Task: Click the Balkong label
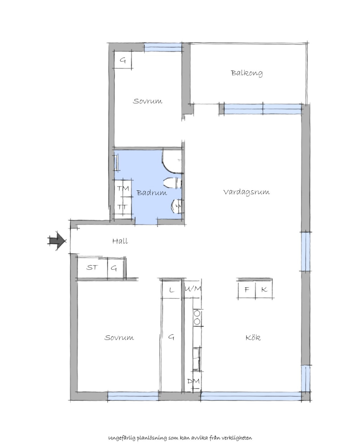(x=247, y=73)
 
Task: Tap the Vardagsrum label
(x=247, y=192)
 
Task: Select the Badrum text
(x=152, y=192)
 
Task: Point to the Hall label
(x=120, y=241)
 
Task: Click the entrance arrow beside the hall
(x=57, y=241)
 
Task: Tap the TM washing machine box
(x=124, y=188)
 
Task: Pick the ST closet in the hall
(x=92, y=267)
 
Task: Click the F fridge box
(x=247, y=290)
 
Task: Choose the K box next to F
(x=264, y=290)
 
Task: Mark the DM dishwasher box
(x=193, y=381)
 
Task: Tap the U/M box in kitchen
(x=193, y=289)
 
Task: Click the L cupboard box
(x=171, y=290)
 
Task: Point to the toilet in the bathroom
(x=172, y=183)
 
